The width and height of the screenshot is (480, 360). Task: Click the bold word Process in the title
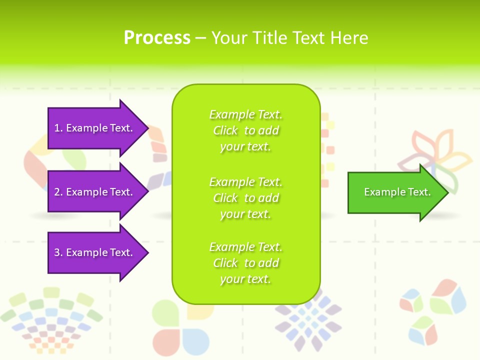tap(157, 38)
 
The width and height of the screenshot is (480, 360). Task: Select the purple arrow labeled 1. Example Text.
tap(95, 128)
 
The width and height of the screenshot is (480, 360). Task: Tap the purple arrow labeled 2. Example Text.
tap(95, 192)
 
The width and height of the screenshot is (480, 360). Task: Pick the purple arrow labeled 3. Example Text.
tap(95, 252)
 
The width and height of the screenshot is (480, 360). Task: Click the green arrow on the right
tap(395, 192)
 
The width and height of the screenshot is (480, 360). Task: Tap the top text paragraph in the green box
tap(245, 130)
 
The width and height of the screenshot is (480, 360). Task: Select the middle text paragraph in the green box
tap(245, 198)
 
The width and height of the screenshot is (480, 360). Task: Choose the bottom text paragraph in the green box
tap(245, 263)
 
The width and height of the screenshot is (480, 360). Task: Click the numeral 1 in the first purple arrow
tap(57, 128)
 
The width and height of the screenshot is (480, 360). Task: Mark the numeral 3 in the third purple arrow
tap(57, 252)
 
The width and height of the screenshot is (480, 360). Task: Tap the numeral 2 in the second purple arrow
tap(57, 192)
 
